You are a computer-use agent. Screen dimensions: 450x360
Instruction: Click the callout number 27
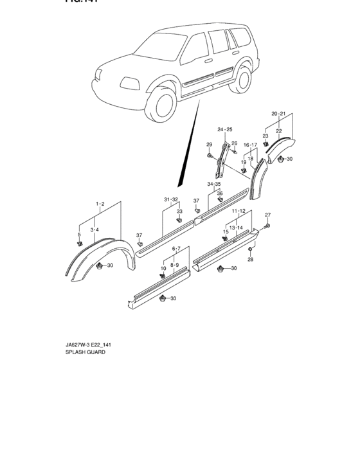pyautogui.click(x=269, y=215)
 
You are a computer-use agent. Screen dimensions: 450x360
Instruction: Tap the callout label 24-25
pyautogui.click(x=224, y=130)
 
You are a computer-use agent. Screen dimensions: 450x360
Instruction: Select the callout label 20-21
pyautogui.click(x=279, y=114)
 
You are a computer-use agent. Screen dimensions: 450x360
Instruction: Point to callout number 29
pyautogui.click(x=209, y=144)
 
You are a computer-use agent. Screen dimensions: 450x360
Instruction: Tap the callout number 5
pyautogui.click(x=79, y=235)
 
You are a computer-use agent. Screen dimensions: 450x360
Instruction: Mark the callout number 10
pyautogui.click(x=163, y=268)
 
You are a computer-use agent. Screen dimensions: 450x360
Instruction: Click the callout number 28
pyautogui.click(x=251, y=259)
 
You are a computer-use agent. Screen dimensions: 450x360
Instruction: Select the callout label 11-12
pyautogui.click(x=239, y=211)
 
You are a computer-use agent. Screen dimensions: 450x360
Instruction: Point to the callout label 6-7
pyautogui.click(x=175, y=248)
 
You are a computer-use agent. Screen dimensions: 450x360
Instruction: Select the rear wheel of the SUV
pyautogui.click(x=242, y=79)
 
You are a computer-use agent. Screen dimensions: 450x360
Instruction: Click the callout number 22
pyautogui.click(x=279, y=131)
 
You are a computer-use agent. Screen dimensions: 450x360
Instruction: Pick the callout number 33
pyautogui.click(x=179, y=211)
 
